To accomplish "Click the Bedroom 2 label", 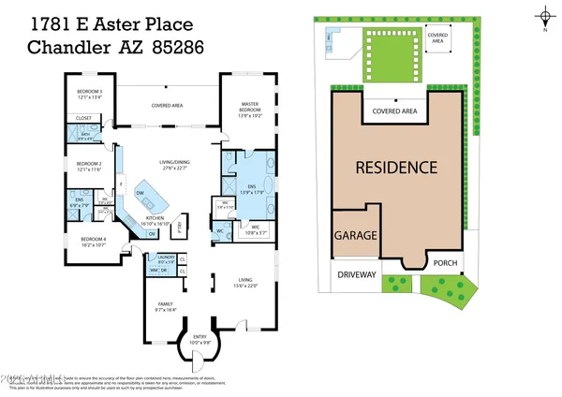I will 89,166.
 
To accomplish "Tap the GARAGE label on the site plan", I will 356,237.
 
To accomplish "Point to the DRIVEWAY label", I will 357,275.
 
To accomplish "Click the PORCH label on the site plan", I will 445,263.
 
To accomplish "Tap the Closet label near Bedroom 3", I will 84,119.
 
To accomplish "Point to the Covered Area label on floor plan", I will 167,106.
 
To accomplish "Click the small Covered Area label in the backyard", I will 437,37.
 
